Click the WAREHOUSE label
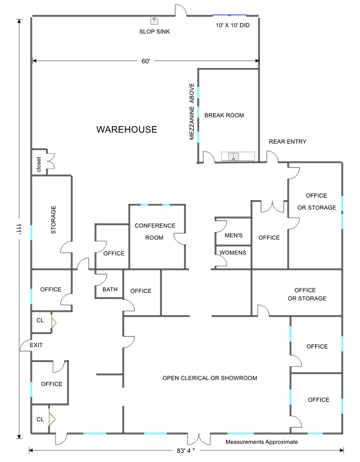pos(127,129)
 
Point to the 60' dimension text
pos(146,61)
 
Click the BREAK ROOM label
pos(224,115)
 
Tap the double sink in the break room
pos(233,156)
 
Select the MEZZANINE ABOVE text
pos(192,112)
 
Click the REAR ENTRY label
pos(287,142)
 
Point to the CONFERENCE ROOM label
pos(155,231)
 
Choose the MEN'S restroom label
pos(233,235)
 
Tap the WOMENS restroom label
pos(233,252)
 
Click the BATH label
pos(110,290)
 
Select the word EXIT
pos(36,345)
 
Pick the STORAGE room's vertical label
pos(53,220)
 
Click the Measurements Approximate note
pos(262,442)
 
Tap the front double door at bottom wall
pos(198,439)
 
